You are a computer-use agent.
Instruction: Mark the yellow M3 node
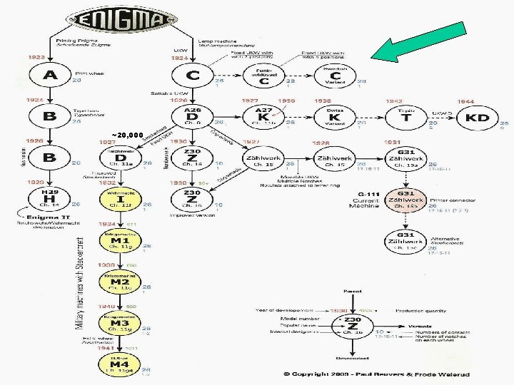[119, 323]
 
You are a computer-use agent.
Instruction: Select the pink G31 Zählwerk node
[405, 200]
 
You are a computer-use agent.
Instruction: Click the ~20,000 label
[128, 134]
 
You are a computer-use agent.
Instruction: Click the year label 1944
[465, 101]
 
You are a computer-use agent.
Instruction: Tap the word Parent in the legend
[353, 292]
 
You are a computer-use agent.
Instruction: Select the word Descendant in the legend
[353, 356]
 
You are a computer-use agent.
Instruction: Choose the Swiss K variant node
[335, 118]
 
